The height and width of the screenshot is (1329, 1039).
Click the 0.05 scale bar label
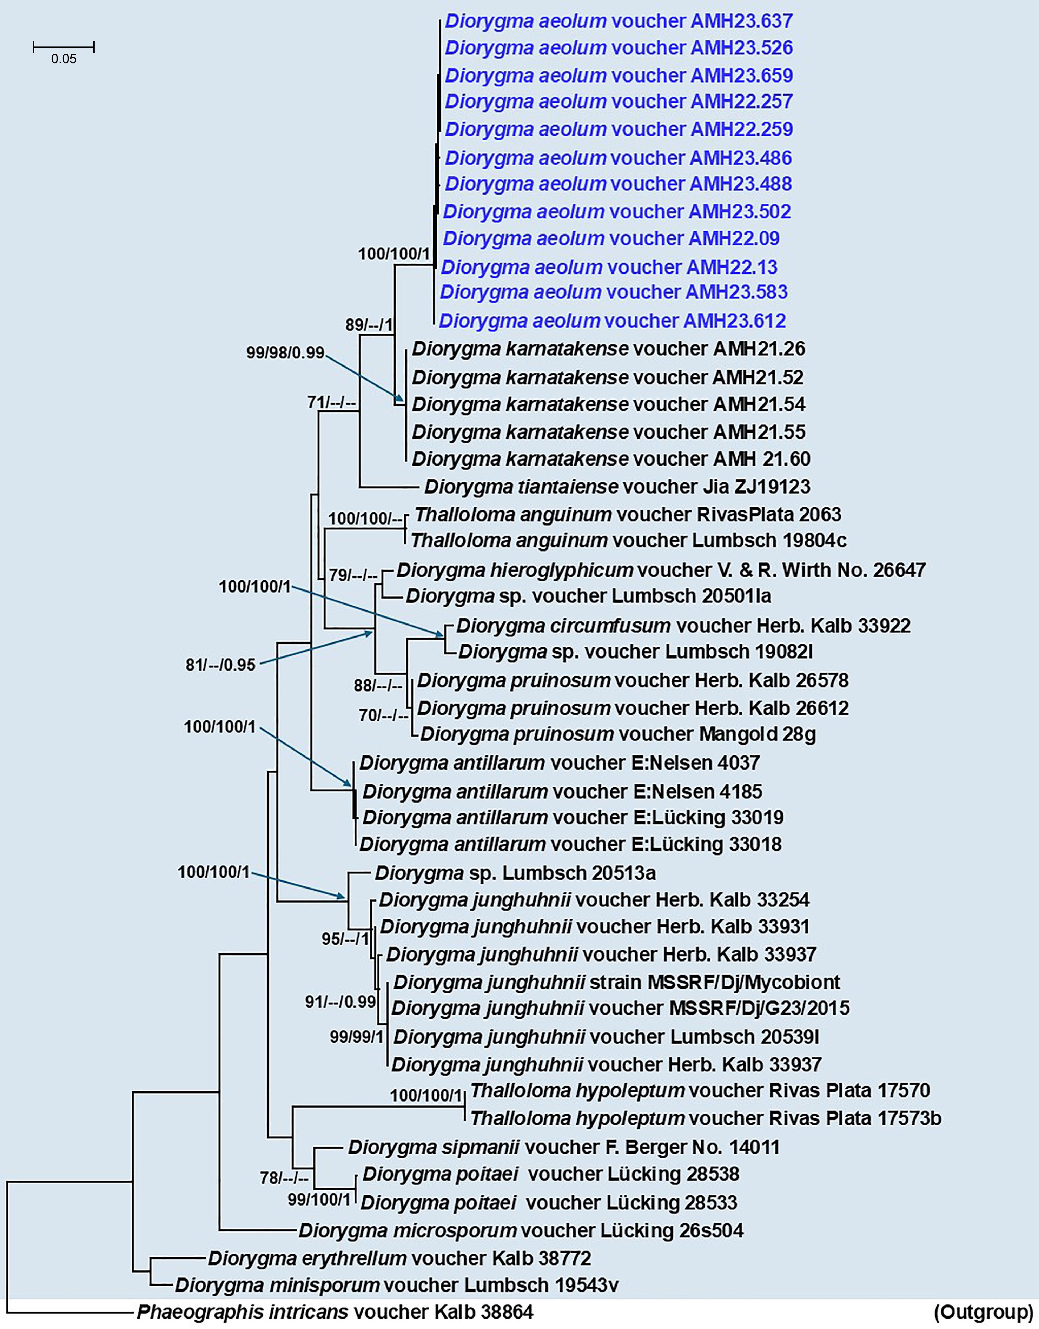point(63,59)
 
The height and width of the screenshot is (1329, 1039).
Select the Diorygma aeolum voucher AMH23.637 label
point(618,21)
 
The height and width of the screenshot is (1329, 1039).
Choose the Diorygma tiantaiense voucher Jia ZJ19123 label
point(617,487)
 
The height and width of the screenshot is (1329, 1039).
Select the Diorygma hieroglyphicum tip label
point(660,570)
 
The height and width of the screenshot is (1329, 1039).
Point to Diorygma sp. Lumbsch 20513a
point(515,873)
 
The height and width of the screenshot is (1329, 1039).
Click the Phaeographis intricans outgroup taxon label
point(335,1311)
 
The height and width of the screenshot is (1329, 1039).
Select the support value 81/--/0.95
point(220,665)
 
